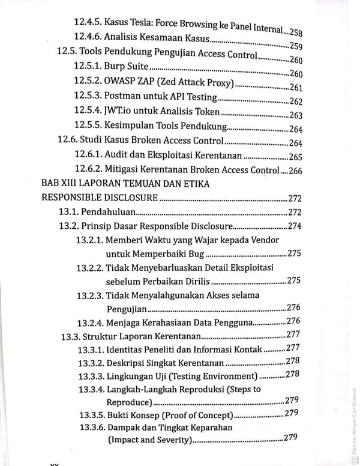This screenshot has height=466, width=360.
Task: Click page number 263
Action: (x=296, y=116)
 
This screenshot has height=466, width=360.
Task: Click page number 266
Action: (x=296, y=171)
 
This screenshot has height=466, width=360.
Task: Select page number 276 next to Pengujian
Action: (x=293, y=307)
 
